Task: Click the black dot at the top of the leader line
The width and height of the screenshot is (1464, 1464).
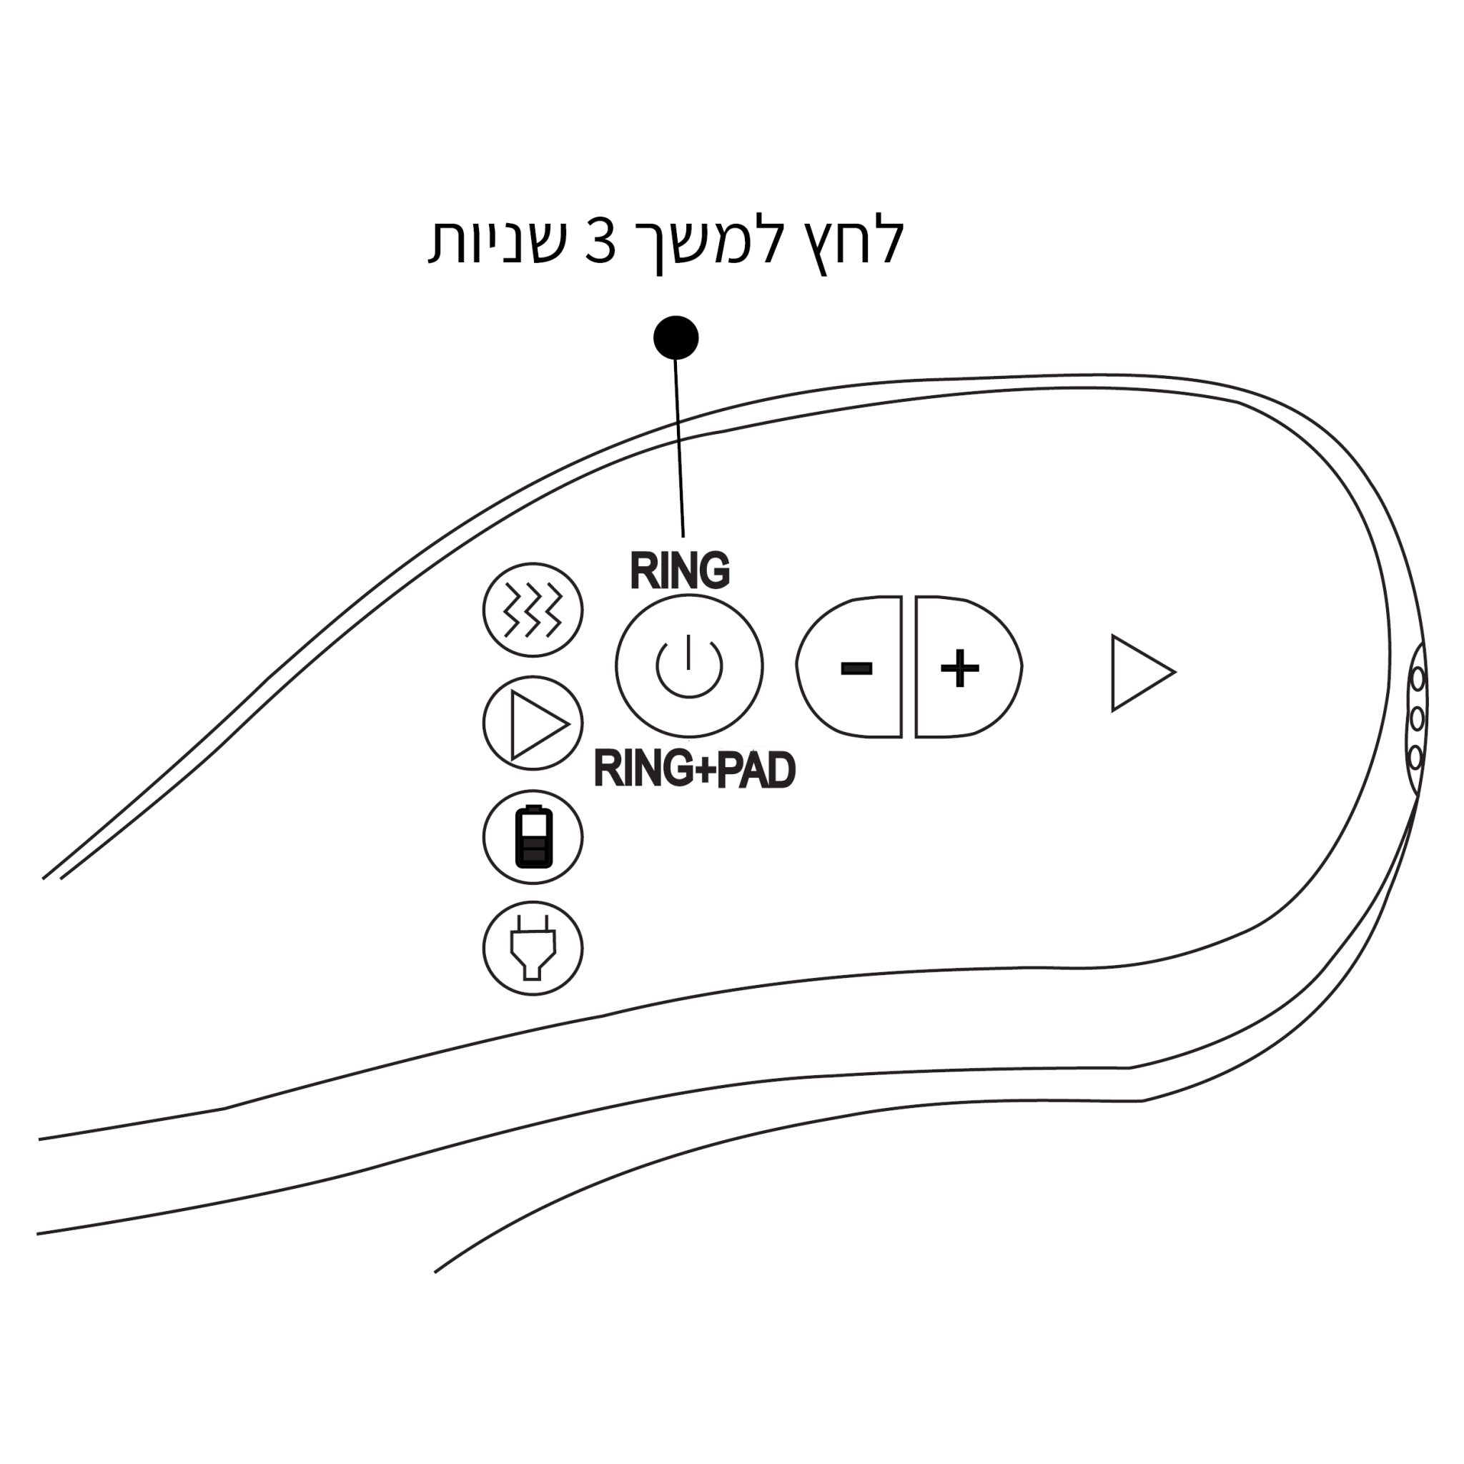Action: click(x=676, y=338)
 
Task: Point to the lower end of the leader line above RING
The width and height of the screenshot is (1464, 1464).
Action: click(x=683, y=537)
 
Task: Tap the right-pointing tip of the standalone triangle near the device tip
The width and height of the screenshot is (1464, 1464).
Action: click(x=1174, y=672)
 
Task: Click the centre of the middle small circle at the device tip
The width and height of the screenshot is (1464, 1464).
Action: click(x=1416, y=718)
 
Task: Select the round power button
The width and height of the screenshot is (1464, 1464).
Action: click(x=689, y=666)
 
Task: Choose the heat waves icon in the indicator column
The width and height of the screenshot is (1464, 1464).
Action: click(x=533, y=610)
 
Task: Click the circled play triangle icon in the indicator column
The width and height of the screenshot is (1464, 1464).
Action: click(x=533, y=723)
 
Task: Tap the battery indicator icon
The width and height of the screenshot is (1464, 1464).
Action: click(x=533, y=836)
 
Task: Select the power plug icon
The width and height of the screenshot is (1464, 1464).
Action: click(x=533, y=948)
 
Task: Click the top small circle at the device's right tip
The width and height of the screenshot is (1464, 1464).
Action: click(x=1417, y=679)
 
